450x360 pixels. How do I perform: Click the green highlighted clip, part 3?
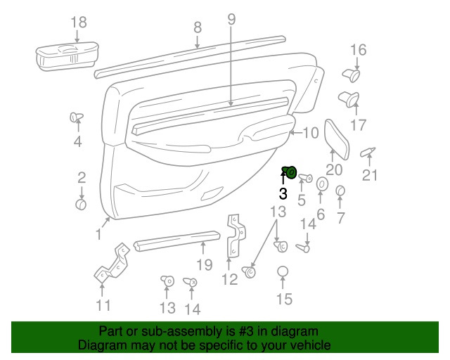click(289, 172)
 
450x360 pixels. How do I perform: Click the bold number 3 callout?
click(283, 194)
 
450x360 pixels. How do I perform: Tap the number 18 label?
click(78, 22)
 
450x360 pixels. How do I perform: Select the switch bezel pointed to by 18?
click(67, 56)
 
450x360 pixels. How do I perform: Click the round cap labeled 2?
click(81, 205)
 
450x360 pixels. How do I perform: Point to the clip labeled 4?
click(77, 117)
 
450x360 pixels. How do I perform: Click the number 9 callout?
click(231, 19)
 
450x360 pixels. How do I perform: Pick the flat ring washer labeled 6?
click(322, 184)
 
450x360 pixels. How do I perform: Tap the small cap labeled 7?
click(340, 191)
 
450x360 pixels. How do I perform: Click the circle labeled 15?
click(283, 271)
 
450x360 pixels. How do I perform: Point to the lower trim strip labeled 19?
click(176, 240)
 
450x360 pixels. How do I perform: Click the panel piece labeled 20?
click(337, 139)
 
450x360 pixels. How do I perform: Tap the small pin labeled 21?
click(368, 152)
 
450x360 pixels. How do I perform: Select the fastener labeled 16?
click(352, 75)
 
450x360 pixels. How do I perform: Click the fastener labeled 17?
click(349, 99)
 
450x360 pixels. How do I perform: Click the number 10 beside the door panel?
click(311, 133)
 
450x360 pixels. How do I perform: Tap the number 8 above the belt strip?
click(198, 27)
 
